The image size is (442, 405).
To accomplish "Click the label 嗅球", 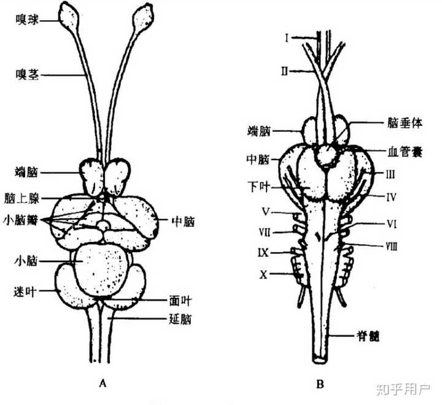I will [x=29, y=20].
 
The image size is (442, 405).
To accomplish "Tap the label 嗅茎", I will [x=29, y=75].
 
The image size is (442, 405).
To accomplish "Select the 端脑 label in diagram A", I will [x=29, y=171].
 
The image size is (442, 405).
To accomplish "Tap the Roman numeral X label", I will [x=263, y=275].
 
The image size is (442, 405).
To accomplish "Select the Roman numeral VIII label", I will [x=392, y=245].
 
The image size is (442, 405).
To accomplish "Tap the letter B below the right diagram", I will [x=319, y=385].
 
